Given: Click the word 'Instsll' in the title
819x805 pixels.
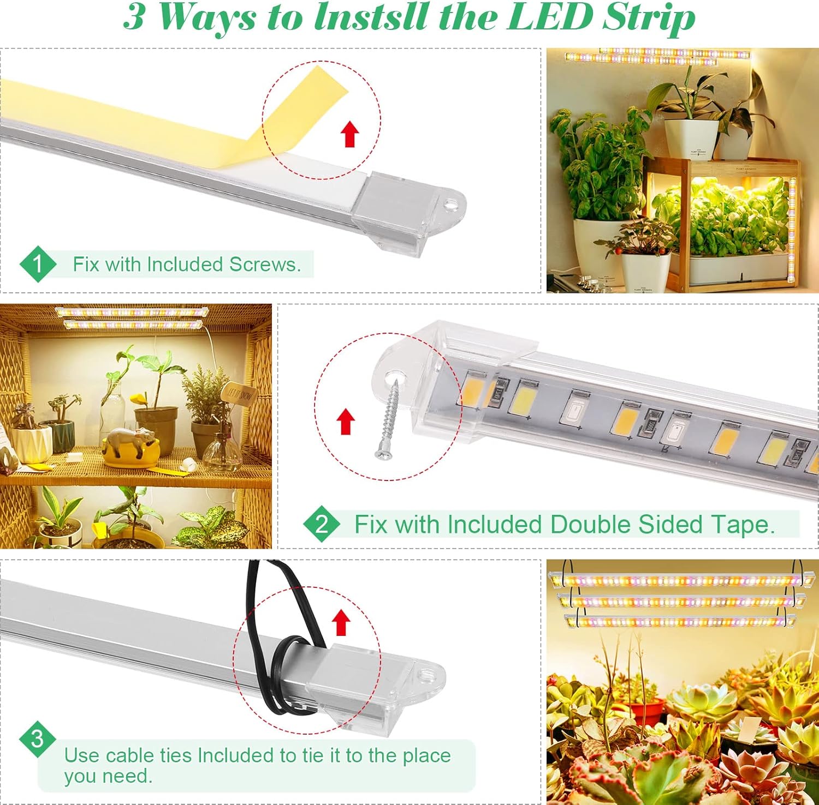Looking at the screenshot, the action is click(372, 17).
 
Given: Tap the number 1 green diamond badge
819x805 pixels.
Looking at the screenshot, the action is click(38, 264).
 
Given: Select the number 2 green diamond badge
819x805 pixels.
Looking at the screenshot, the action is click(322, 524).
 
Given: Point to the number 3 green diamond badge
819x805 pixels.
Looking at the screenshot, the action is click(37, 740).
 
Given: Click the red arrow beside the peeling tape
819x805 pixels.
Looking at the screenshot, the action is click(350, 134).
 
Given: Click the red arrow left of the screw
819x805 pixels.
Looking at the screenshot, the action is click(345, 422).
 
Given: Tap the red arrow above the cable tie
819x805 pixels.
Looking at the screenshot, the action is click(341, 622).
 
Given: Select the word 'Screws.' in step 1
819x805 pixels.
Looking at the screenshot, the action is click(265, 265).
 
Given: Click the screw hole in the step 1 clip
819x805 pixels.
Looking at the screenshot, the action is click(450, 205).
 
